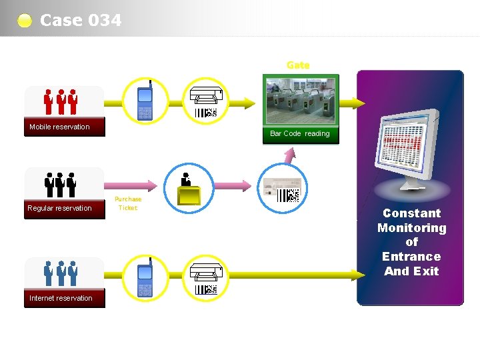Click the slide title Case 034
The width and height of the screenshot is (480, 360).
(x=81, y=20)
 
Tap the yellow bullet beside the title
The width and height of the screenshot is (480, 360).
(x=25, y=21)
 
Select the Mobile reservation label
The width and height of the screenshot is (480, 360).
(x=59, y=127)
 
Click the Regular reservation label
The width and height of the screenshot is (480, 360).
(x=59, y=208)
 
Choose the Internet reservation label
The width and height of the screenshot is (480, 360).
(x=61, y=298)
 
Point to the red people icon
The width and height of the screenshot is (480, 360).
(x=60, y=101)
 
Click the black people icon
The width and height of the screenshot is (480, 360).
(x=60, y=184)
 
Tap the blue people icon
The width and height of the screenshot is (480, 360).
(x=60, y=273)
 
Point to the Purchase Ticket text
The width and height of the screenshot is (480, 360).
(x=127, y=203)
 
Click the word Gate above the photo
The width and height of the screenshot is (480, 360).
(x=298, y=65)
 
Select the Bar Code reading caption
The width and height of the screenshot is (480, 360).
(x=300, y=133)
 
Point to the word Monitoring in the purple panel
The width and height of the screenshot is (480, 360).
(x=411, y=228)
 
